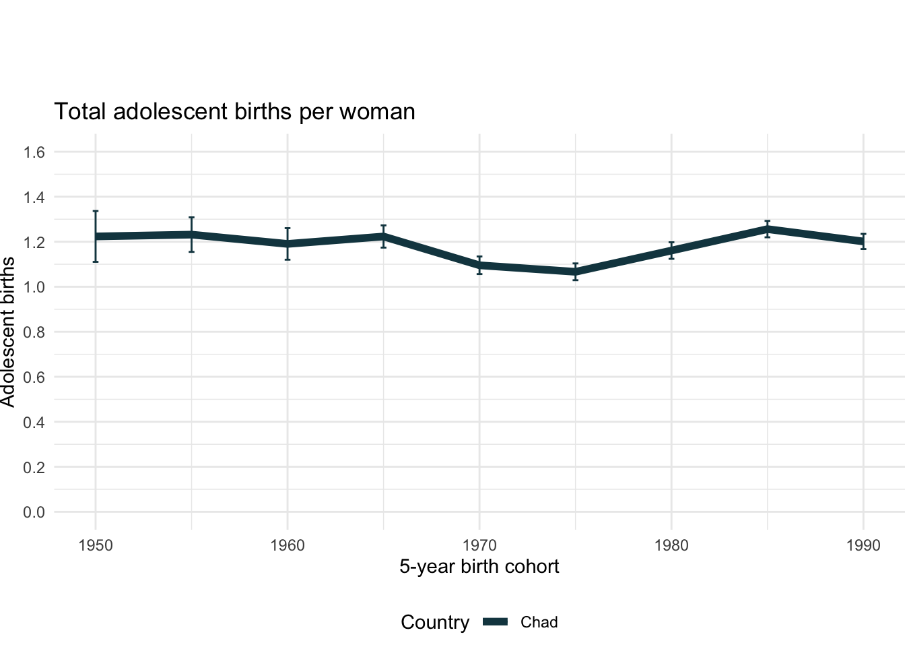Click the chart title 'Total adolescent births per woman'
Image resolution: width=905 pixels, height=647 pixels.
[x=234, y=111]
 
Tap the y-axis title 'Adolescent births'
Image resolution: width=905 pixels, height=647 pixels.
[x=8, y=332]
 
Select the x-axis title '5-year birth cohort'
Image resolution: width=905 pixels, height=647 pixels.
[x=479, y=566]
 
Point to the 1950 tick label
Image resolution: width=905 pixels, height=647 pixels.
[x=96, y=545]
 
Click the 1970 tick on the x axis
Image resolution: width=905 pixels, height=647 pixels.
[x=479, y=545]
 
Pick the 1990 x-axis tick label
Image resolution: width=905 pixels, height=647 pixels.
[x=863, y=545]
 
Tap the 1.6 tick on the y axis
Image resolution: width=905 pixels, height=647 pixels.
[x=34, y=152]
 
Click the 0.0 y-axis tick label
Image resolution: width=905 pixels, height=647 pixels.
[x=34, y=512]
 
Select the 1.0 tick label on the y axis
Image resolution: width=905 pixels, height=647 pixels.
[x=34, y=287]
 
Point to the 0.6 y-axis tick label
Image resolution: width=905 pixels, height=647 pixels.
[x=34, y=377]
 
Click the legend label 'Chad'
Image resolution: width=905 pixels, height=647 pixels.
[x=539, y=622]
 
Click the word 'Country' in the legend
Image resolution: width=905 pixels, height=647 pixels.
[x=435, y=622]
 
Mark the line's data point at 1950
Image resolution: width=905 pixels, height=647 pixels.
[x=96, y=237]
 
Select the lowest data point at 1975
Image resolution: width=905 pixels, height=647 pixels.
[x=576, y=272]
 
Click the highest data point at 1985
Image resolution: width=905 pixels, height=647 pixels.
[x=768, y=229]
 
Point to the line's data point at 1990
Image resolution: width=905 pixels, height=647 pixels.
[x=863, y=241]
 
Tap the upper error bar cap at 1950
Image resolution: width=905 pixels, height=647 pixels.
[x=96, y=211]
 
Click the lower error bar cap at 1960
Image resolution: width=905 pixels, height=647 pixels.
[x=288, y=259]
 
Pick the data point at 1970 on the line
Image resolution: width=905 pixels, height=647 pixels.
[x=479, y=266]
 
